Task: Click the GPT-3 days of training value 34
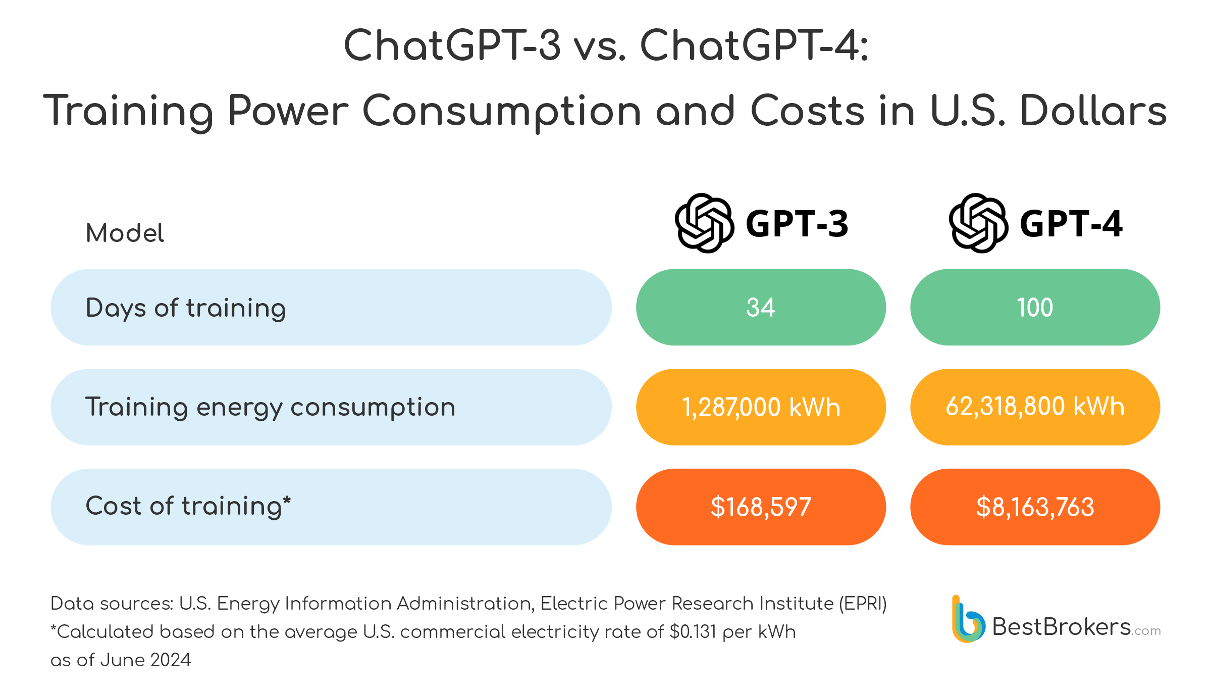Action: [760, 307]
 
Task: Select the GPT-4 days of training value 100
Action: [1034, 307]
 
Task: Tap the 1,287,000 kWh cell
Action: [760, 407]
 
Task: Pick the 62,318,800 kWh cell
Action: [1034, 407]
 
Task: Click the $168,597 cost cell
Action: [760, 507]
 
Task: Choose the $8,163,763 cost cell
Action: [1034, 507]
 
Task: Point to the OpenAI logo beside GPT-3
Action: [704, 223]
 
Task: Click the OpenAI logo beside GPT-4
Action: [978, 223]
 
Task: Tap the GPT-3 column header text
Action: [797, 224]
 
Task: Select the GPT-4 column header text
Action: [1071, 224]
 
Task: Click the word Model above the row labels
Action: [125, 233]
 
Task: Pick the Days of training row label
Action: [186, 308]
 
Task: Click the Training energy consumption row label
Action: [270, 407]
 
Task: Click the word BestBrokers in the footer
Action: [1061, 627]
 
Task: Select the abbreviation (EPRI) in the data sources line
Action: [863, 604]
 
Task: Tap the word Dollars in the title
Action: [1093, 111]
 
